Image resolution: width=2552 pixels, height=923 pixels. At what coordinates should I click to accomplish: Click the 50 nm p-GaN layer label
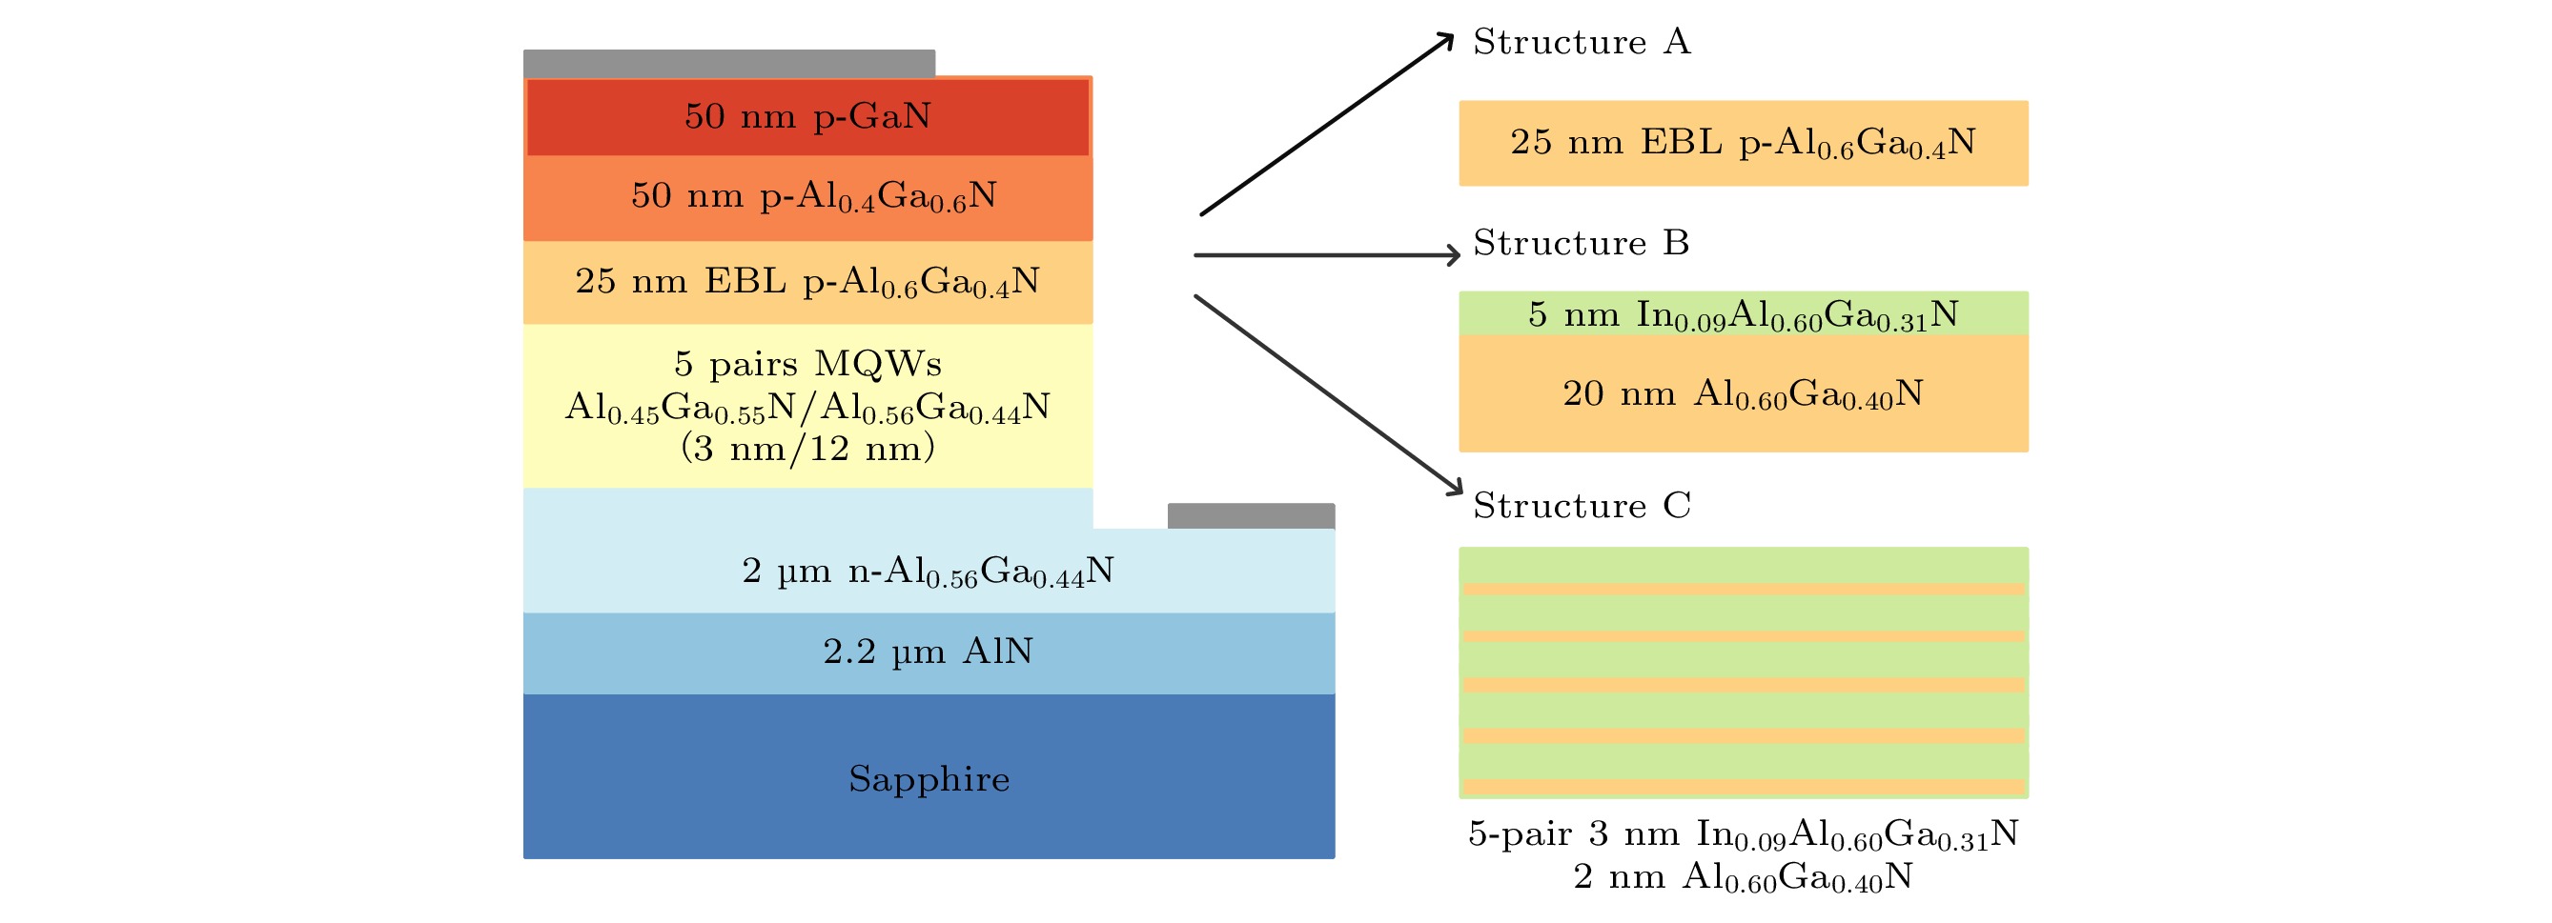point(807,117)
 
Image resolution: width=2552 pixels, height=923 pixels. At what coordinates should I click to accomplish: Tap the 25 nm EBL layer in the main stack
point(807,282)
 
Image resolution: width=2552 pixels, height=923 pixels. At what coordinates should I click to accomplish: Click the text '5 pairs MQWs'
point(807,364)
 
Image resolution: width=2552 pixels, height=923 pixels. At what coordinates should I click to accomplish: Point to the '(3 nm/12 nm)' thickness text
point(807,449)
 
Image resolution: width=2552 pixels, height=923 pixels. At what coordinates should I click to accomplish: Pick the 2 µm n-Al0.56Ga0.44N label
point(928,572)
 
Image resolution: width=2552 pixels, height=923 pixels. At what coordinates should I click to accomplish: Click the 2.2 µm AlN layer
point(929,652)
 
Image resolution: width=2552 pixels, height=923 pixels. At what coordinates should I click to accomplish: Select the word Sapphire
point(929,778)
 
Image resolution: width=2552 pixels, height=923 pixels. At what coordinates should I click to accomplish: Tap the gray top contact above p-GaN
point(728,64)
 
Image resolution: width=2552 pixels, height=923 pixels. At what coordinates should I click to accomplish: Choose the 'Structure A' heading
point(1582,42)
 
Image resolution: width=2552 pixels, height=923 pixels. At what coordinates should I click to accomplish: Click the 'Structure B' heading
point(1582,243)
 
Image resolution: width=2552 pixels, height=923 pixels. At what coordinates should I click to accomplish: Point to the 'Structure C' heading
point(1582,505)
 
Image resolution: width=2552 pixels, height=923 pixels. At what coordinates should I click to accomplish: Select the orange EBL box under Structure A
point(1743,143)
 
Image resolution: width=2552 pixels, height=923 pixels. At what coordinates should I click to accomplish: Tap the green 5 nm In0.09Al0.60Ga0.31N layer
point(1743,314)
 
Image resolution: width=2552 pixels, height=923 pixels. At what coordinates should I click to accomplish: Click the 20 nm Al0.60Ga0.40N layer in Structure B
point(1743,393)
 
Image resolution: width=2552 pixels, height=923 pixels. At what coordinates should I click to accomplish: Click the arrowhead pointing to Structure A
point(1447,39)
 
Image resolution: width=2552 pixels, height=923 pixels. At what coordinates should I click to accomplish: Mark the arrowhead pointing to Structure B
point(1455,255)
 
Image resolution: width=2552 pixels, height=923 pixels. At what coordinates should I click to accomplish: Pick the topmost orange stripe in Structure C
point(1743,590)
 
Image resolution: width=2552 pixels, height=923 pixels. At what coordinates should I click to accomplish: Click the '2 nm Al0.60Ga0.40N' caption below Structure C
point(1743,876)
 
